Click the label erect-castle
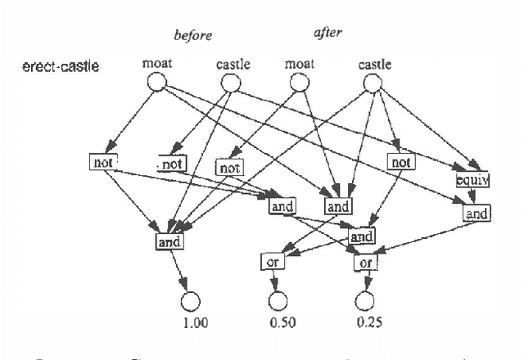pos(61,65)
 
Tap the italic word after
pos(327,34)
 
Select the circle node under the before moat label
pos(156,82)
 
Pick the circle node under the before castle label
pos(233,82)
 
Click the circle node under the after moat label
pos(299,82)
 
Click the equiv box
pos(472,178)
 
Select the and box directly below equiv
pos(477,214)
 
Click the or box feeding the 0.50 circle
pos(273,262)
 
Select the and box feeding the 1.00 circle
pos(169,241)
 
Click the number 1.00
pos(196,322)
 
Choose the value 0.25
pos(370,322)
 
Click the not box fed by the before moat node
pos(104,162)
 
